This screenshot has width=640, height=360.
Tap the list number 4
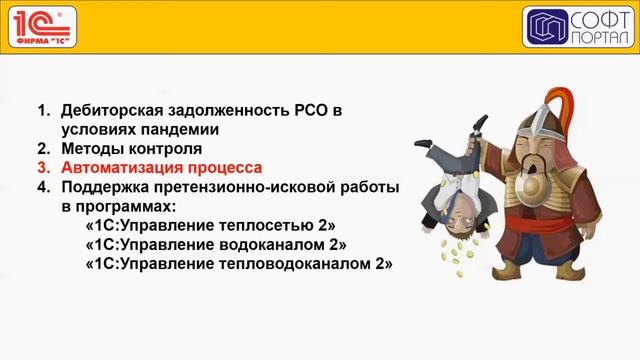(x=43, y=186)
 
